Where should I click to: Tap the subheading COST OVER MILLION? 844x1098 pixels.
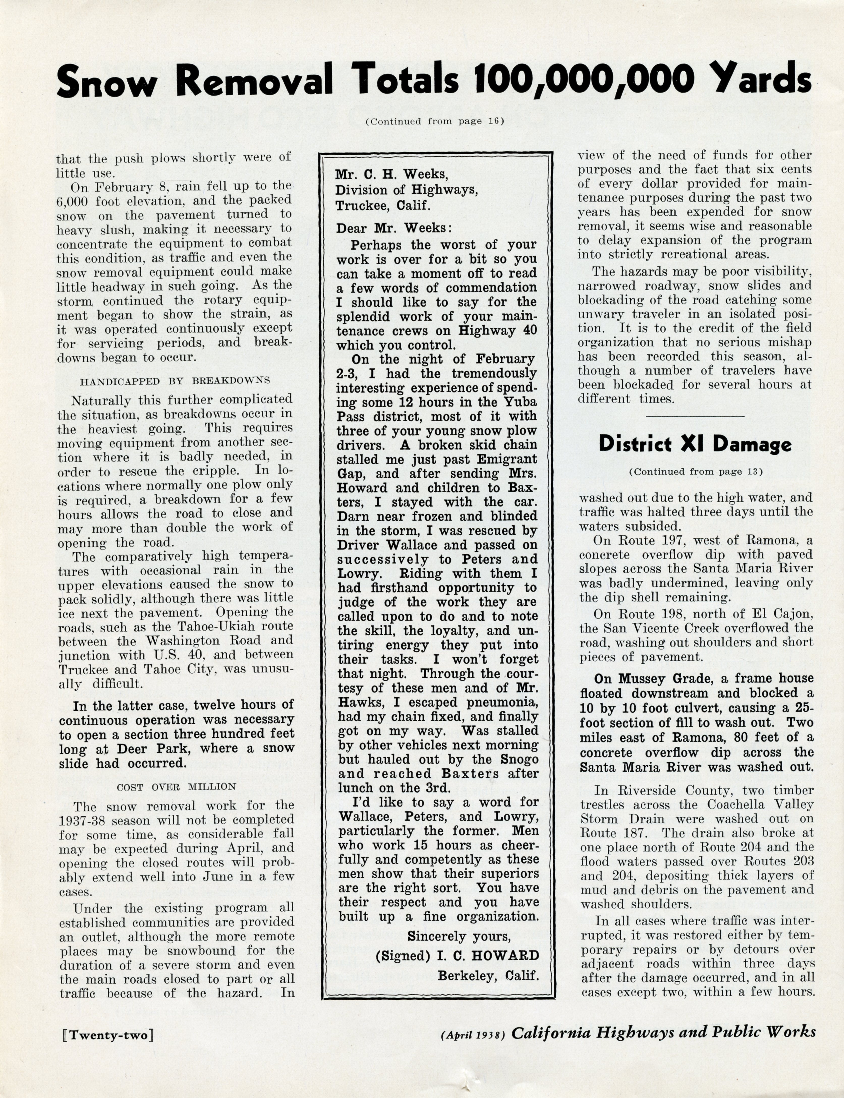(x=176, y=787)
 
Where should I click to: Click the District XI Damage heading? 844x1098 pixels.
(x=695, y=444)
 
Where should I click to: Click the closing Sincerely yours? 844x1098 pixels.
(x=459, y=936)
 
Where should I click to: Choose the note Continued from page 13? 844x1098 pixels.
(x=695, y=472)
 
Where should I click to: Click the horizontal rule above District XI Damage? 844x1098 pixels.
(x=695, y=416)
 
